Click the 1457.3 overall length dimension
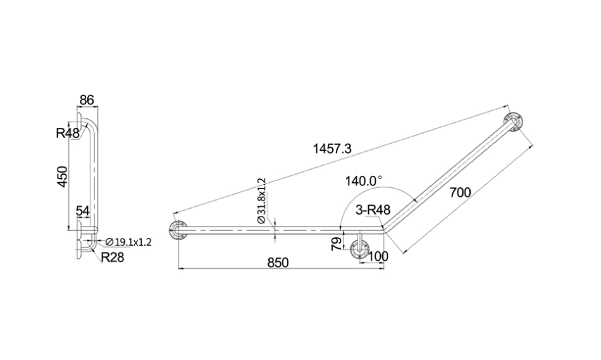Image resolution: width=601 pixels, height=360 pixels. click(332, 148)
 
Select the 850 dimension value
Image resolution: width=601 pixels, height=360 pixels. click(278, 263)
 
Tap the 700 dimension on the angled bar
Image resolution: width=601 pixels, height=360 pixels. click(460, 192)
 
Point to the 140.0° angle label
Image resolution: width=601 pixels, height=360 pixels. click(363, 180)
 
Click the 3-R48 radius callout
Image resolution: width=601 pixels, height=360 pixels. click(373, 209)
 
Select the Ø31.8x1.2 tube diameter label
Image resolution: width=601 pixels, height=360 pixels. click(262, 201)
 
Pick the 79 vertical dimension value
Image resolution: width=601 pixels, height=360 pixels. click(336, 244)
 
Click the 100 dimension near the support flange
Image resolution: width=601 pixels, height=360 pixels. click(378, 256)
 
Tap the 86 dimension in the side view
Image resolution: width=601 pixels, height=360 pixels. click(87, 100)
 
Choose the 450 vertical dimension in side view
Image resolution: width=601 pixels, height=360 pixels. click(62, 177)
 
